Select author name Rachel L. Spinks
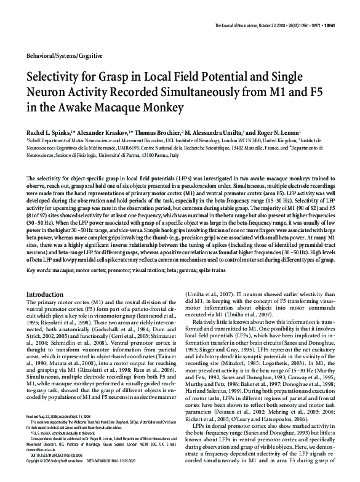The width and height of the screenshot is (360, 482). (51, 132)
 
